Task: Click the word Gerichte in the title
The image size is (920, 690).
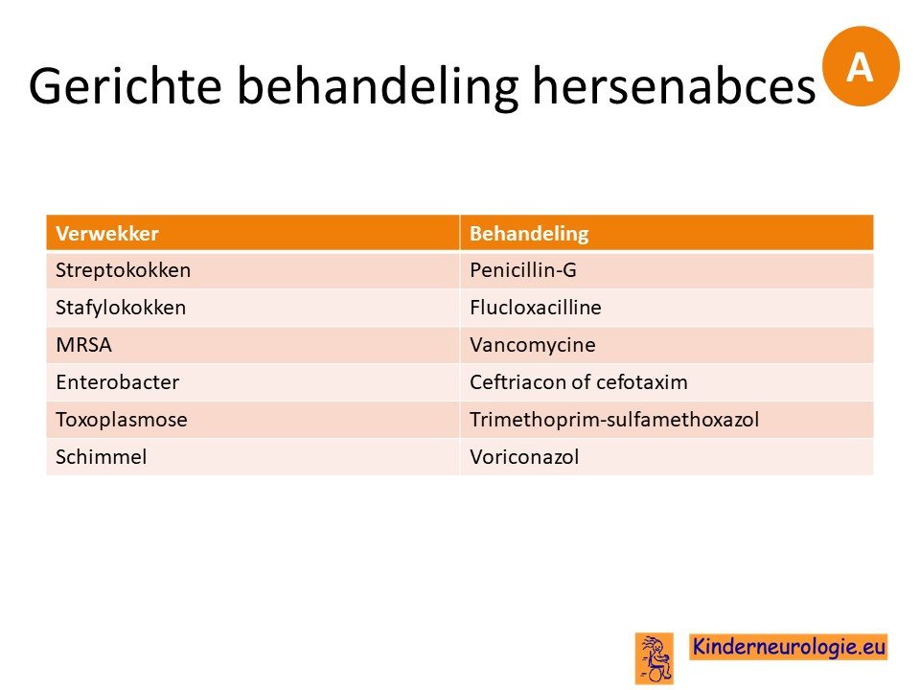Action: [x=125, y=85]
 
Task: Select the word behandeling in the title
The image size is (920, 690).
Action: [x=378, y=87]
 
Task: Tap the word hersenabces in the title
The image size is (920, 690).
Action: [x=674, y=85]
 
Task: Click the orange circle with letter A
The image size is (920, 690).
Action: [x=861, y=66]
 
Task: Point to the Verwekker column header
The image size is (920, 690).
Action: [x=107, y=234]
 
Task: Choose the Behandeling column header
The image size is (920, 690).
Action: [x=529, y=234]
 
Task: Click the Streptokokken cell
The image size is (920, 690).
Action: [x=124, y=270]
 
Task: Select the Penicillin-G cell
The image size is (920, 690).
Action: [x=523, y=270]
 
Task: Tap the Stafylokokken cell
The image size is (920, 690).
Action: [x=121, y=308]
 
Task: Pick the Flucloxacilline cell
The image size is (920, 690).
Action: [x=535, y=308]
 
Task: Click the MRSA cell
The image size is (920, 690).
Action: [x=84, y=345]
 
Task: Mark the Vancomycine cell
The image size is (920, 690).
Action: [x=532, y=345]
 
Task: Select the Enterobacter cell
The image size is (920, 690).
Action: [x=117, y=382]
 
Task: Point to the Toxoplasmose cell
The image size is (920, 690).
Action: [x=122, y=420]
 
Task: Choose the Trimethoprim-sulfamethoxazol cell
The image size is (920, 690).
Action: [x=614, y=420]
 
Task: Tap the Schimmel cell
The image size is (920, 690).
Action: [x=101, y=456]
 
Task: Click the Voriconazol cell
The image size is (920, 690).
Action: [x=524, y=456]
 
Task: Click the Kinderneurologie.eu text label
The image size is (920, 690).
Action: [x=788, y=647]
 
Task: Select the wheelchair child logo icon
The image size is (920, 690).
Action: [x=655, y=658]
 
